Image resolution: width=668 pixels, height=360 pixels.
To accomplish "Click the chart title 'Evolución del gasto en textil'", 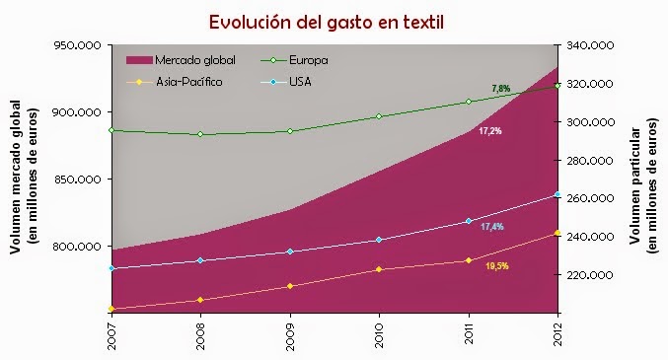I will click(x=334, y=21).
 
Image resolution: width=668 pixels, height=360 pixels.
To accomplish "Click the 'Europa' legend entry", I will click(x=309, y=61).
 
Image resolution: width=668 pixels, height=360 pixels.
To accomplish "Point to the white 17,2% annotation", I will click(x=489, y=130).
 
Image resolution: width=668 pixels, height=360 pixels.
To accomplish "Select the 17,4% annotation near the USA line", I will click(x=492, y=227).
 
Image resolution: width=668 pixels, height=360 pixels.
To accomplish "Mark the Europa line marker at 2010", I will click(x=379, y=116).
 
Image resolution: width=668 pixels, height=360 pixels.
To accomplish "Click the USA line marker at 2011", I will click(x=469, y=221).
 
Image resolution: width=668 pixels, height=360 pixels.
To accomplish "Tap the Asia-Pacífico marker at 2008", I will click(x=200, y=300).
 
